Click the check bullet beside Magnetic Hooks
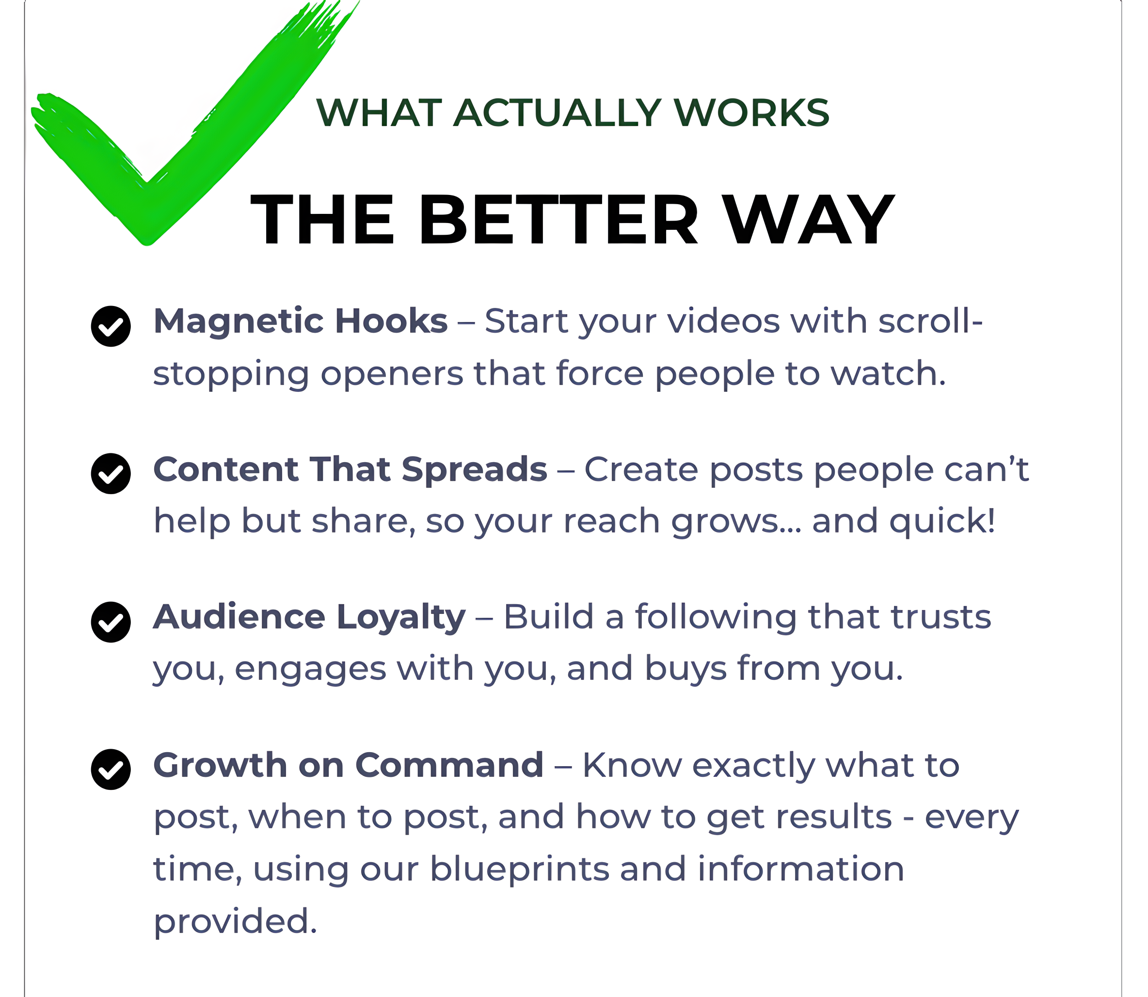(111, 326)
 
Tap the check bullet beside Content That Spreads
(111, 473)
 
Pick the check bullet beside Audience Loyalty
(111, 622)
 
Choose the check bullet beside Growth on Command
(111, 770)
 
